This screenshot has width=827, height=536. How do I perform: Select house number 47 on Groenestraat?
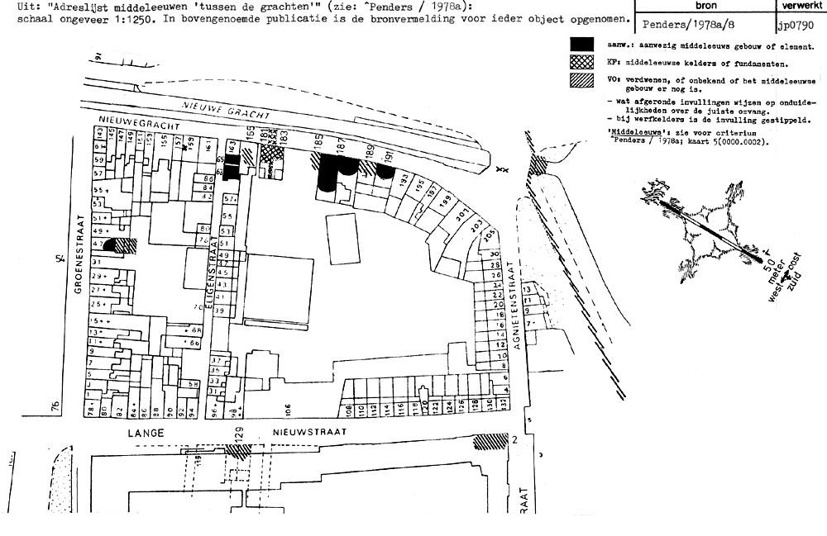tap(97, 244)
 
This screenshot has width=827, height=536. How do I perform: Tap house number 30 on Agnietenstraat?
tap(495, 254)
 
